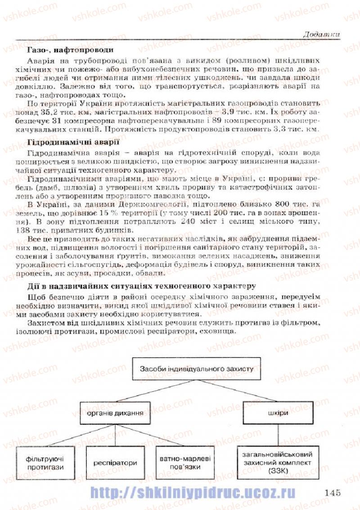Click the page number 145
coord(332,492)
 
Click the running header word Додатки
coord(321,34)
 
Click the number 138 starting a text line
coord(36,231)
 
